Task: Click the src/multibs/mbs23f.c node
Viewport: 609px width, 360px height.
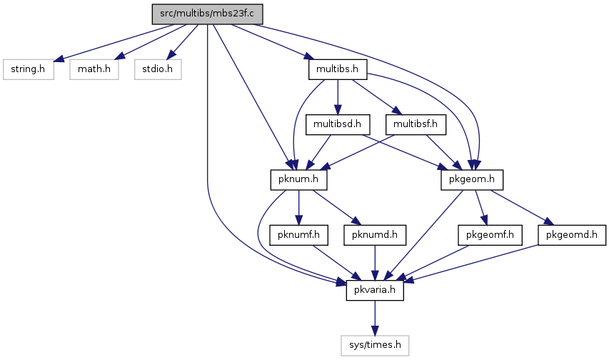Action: (207, 14)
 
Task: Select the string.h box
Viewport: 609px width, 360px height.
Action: (29, 69)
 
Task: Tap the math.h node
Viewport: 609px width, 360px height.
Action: (94, 69)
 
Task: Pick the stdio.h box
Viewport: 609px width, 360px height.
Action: (158, 69)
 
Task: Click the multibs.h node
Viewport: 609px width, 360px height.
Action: (337, 69)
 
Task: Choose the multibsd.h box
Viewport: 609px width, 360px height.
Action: (338, 124)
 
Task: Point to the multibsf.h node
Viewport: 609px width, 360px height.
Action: (416, 124)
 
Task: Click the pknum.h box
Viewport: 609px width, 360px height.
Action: (298, 179)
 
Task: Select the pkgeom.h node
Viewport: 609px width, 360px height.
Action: (472, 179)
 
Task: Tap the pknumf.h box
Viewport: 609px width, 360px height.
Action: (298, 235)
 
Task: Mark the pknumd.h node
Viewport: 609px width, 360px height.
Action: (375, 235)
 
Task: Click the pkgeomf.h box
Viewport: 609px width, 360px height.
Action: (490, 235)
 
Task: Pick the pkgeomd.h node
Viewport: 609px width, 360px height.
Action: (572, 235)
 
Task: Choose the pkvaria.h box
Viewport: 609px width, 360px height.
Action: (375, 290)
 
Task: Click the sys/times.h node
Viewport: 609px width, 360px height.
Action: (375, 345)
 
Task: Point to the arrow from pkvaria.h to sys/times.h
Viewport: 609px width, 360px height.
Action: (375, 318)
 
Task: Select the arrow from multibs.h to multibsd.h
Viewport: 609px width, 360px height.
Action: (338, 97)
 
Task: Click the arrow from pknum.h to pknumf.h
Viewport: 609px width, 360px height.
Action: (298, 208)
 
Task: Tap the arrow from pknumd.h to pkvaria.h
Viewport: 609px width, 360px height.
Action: (375, 263)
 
